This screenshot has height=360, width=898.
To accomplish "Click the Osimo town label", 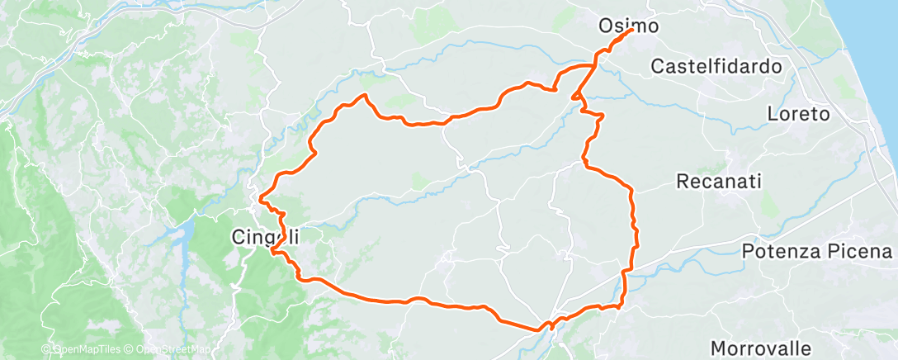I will pyautogui.click(x=628, y=26).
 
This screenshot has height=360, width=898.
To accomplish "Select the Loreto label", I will pyautogui.click(x=798, y=114).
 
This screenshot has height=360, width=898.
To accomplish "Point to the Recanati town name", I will pyautogui.click(x=718, y=181).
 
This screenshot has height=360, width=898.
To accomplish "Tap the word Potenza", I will pyautogui.click(x=780, y=251).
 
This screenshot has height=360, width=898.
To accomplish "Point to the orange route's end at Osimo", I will pyautogui.click(x=631, y=31).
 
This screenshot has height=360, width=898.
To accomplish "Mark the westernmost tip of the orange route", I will pyautogui.click(x=261, y=199).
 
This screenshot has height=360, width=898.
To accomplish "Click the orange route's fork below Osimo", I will pyautogui.click(x=593, y=65).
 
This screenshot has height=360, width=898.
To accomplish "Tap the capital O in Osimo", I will pyautogui.click(x=604, y=26).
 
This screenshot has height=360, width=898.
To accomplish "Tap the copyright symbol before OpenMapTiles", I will pyautogui.click(x=47, y=350).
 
